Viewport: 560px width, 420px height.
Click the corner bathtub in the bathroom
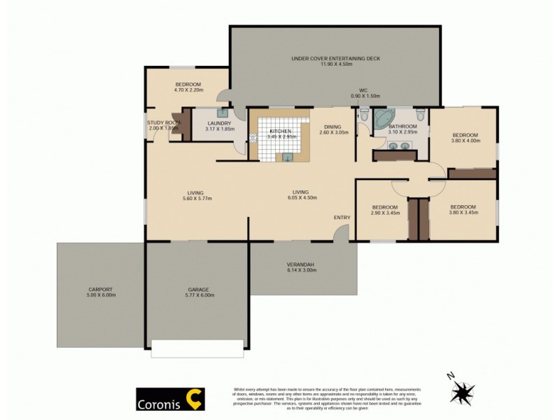point(384,119)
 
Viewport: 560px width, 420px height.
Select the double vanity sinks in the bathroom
point(399,146)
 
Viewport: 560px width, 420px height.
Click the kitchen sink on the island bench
point(288,157)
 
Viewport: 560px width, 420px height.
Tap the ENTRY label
point(342,218)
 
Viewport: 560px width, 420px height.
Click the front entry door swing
point(342,234)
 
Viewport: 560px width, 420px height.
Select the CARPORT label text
point(100,289)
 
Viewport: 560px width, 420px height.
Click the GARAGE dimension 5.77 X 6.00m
point(197,295)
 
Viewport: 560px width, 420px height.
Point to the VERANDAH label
point(300,264)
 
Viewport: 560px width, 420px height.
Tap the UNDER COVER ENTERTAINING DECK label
point(335,59)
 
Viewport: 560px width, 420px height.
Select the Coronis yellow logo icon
point(193,398)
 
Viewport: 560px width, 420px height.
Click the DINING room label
point(333,127)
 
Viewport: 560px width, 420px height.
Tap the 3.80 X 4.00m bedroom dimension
point(465,141)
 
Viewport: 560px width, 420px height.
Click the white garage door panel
point(197,344)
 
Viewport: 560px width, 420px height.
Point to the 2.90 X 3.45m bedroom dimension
point(385,213)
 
